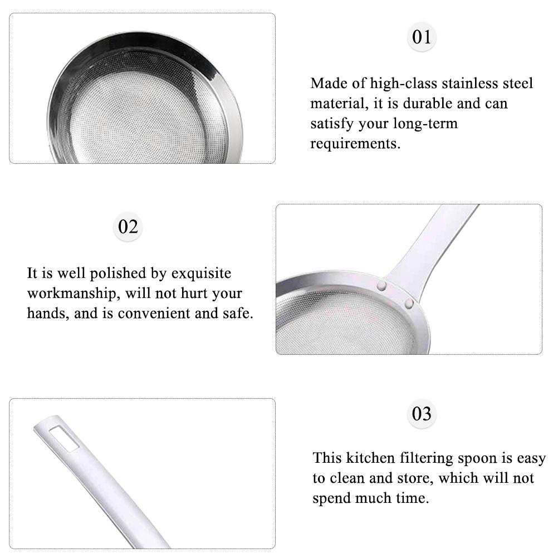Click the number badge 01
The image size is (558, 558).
tap(422, 37)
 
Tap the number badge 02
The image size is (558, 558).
tap(128, 227)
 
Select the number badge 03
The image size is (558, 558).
tap(422, 414)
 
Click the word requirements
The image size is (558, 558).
tap(355, 144)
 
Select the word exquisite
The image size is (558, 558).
tap(201, 273)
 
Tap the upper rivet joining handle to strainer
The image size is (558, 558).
tap(383, 285)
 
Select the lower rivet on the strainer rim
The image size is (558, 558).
tap(409, 303)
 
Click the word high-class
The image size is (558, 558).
tap(404, 84)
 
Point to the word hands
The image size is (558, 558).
tap(46, 313)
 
